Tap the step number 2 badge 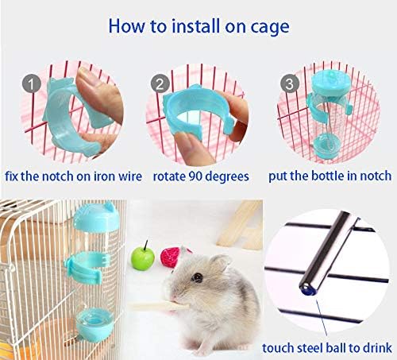(160, 82)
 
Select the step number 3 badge (290, 82)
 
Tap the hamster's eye (204, 277)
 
